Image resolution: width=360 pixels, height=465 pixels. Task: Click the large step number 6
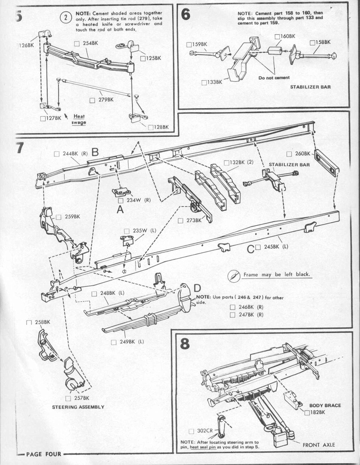coord(186,15)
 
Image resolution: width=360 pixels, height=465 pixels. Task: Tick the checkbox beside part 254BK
coord(77,44)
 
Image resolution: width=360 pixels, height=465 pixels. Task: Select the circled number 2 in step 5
coord(66,18)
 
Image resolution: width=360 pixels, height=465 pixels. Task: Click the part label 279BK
coord(106,100)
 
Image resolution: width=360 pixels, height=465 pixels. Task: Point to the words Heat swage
coord(79,119)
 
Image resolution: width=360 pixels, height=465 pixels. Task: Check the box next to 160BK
coord(277,36)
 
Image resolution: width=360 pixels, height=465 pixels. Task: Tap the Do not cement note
coord(274,78)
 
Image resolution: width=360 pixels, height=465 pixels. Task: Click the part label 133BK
coord(215,82)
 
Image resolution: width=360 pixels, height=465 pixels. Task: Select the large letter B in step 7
coord(95,152)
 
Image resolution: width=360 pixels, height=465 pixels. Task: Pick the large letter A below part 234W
coord(120,210)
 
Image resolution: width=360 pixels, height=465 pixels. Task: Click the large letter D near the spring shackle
coord(197,288)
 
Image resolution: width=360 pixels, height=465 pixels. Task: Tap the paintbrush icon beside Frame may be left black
coord(234,276)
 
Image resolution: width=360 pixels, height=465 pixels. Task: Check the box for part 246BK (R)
coord(232,307)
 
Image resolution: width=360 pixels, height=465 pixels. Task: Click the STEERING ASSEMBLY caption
coord(78,407)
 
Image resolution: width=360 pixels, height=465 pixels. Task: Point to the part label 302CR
coord(205,431)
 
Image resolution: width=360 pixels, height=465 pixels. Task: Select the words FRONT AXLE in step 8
coord(318,445)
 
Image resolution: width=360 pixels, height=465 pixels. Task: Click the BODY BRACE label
coord(325,406)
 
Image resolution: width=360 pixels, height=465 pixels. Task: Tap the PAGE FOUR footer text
coord(44,454)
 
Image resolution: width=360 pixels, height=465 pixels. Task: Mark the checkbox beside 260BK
coord(289,154)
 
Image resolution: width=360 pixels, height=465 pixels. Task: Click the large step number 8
coord(185,344)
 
